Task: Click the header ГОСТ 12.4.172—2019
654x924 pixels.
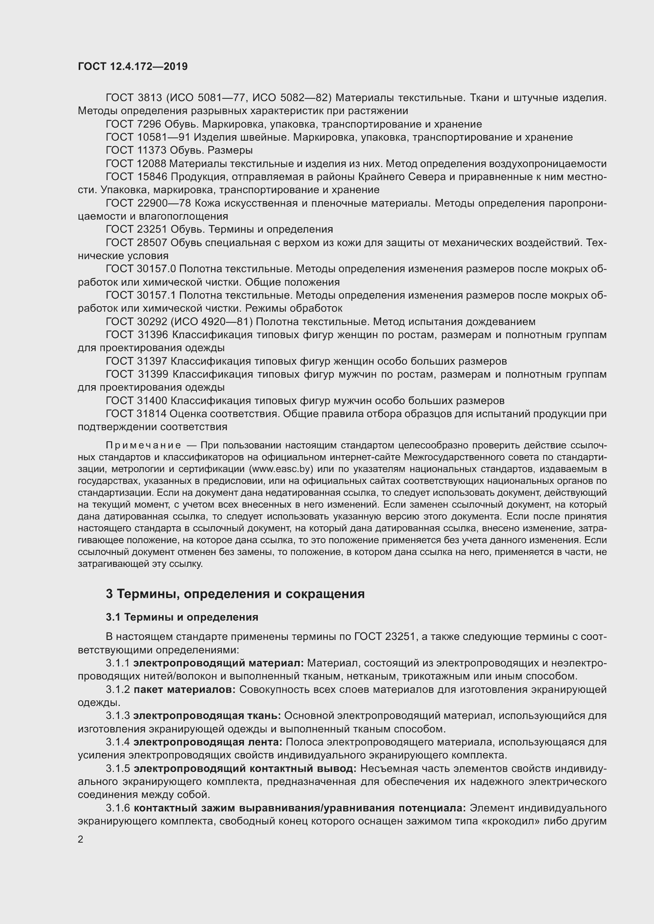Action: point(133,66)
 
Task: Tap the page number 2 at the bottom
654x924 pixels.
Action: point(81,839)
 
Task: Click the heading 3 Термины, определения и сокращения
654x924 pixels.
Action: point(235,594)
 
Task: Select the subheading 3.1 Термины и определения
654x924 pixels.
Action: point(182,617)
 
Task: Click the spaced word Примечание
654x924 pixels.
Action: point(144,446)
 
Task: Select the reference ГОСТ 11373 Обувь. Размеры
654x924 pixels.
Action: point(179,151)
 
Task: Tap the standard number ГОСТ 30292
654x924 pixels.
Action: point(136,322)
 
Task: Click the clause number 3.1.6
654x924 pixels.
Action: point(118,808)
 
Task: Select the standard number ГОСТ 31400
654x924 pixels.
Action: point(136,401)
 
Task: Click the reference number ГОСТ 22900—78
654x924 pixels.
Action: point(148,203)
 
